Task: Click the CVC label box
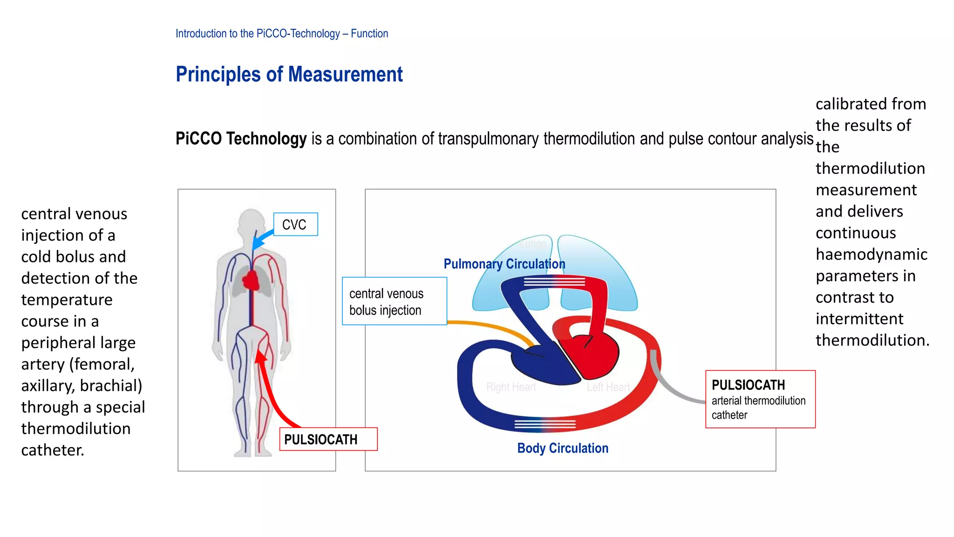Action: coord(295,224)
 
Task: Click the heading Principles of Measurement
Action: coord(289,75)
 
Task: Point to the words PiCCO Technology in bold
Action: coord(241,139)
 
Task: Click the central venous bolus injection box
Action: coord(394,301)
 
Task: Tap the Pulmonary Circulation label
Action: coord(504,264)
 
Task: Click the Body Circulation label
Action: coord(562,448)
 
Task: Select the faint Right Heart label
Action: coord(511,387)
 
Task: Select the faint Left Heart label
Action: coord(608,387)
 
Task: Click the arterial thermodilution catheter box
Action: coord(760,399)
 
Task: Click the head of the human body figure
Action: coord(252,221)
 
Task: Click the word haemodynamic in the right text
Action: coord(871,255)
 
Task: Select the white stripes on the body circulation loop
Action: coord(545,424)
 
